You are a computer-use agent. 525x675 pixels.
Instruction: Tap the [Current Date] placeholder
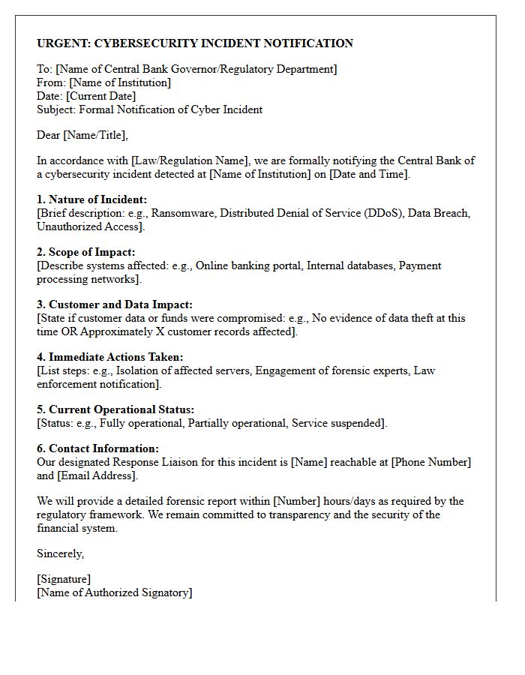coord(101,97)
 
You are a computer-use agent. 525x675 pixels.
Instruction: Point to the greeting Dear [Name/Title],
coord(82,136)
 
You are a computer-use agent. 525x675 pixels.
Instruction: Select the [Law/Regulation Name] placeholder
coord(189,161)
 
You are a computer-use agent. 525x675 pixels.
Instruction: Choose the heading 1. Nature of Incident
coord(92,200)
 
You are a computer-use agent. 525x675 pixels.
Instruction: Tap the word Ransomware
coord(182,214)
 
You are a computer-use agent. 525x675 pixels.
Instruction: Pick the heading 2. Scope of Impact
coord(86,253)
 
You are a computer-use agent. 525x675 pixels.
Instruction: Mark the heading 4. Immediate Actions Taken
coord(110,358)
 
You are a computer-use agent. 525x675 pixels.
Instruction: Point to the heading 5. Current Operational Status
coord(115,410)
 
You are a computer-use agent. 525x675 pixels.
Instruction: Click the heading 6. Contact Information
coord(97,449)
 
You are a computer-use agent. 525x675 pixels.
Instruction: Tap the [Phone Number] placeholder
coord(431,463)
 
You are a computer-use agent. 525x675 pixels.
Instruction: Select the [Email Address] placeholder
coord(97,476)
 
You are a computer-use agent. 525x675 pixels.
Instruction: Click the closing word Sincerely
coord(60,554)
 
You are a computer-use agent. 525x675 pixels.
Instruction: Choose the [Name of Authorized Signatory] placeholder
coord(115,593)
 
